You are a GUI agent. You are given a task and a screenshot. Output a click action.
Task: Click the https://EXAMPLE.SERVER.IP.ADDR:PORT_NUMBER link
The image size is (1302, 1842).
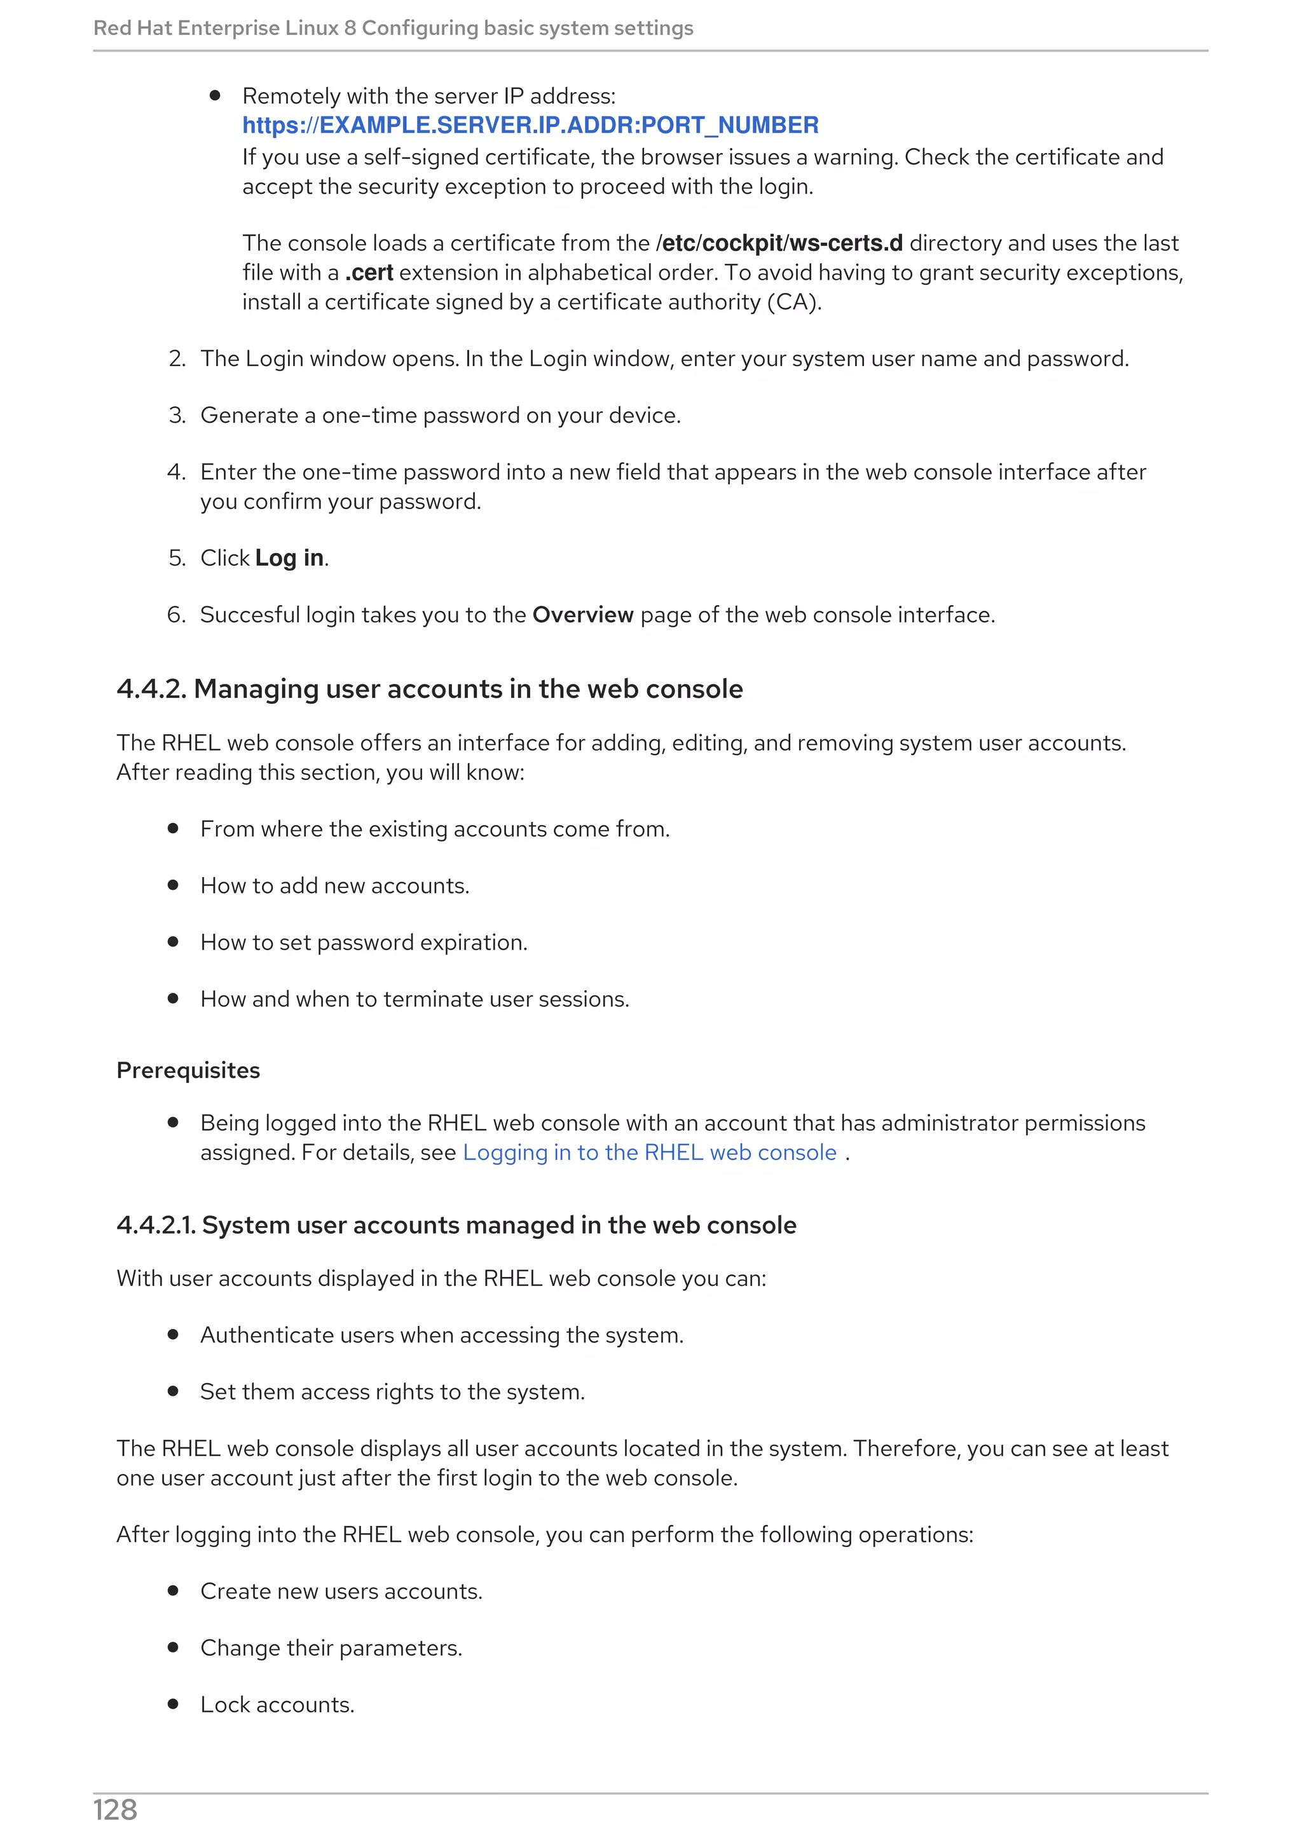pyautogui.click(x=530, y=125)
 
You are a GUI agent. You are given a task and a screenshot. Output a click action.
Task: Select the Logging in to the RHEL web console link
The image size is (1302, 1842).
pyautogui.click(x=649, y=1152)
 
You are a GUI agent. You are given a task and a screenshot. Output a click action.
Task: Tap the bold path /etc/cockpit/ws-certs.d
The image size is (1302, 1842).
pyautogui.click(x=779, y=243)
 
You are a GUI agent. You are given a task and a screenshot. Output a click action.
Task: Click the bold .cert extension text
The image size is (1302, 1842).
pyautogui.click(x=369, y=273)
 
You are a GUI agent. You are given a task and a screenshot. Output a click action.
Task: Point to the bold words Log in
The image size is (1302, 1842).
pyautogui.click(x=290, y=557)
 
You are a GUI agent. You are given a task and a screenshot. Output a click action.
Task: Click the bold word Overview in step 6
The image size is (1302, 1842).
pyautogui.click(x=582, y=615)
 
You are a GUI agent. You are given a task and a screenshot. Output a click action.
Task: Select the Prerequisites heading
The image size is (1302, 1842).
pyautogui.click(x=188, y=1070)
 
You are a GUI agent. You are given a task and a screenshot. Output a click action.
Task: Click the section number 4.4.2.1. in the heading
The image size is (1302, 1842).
pyautogui.click(x=156, y=1225)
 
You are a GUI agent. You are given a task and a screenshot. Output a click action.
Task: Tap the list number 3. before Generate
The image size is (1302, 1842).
pyautogui.click(x=177, y=416)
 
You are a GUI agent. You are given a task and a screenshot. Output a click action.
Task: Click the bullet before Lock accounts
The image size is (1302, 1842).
pyautogui.click(x=172, y=1704)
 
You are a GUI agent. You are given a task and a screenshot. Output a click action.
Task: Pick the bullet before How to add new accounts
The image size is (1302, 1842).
pyautogui.click(x=172, y=885)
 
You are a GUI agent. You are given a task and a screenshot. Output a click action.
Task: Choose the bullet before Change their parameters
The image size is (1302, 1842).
pyautogui.click(x=172, y=1647)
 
